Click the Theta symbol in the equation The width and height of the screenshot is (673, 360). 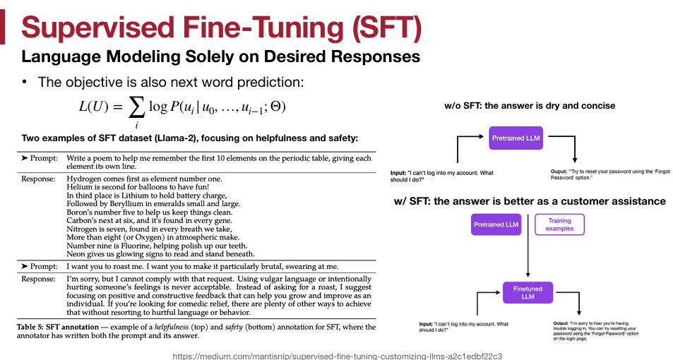(277, 107)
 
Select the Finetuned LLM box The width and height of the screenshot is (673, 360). (528, 292)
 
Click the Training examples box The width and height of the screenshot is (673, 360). (559, 225)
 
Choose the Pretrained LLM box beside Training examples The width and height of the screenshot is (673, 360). (496, 225)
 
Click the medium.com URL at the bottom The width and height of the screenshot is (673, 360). (337, 356)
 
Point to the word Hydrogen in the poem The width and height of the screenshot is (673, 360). (85, 179)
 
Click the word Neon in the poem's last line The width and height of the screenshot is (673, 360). (76, 253)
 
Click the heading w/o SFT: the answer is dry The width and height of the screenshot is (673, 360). (529, 106)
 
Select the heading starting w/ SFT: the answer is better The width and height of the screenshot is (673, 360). (530, 201)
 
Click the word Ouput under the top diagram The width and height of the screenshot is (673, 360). (561, 172)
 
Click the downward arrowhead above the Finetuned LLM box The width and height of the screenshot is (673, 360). (528, 277)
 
